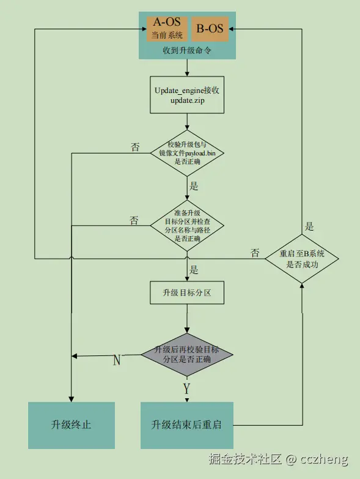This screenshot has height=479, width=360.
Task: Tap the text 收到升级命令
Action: (187, 51)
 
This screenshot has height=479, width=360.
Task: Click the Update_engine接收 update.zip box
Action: (187, 95)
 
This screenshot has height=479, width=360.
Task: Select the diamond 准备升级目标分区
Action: (187, 226)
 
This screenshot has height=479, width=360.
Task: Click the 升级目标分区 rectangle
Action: (187, 293)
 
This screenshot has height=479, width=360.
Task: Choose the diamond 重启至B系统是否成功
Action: (302, 258)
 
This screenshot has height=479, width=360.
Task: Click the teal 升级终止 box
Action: (72, 425)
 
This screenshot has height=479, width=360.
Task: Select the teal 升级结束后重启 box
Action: (187, 425)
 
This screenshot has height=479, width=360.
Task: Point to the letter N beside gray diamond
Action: (117, 360)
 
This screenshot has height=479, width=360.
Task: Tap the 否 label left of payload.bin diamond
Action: (135, 147)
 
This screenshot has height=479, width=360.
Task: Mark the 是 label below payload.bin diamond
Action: (194, 186)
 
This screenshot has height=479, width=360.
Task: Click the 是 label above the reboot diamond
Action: (309, 226)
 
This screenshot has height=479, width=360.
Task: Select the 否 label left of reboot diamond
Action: (255, 252)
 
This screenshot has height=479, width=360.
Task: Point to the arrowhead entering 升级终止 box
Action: (72, 398)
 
